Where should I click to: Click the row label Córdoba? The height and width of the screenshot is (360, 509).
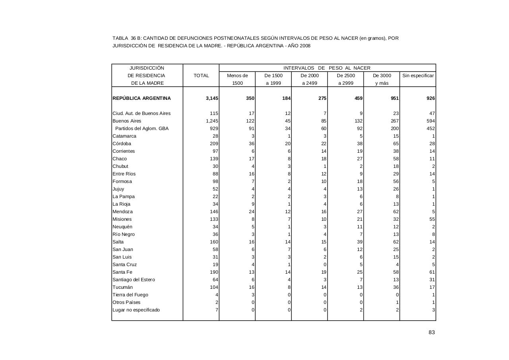122,144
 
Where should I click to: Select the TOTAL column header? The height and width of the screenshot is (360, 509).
201,76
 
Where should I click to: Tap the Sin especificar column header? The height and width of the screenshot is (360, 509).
418,76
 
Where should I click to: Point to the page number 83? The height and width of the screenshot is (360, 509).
431,333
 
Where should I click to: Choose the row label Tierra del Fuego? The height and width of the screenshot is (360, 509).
130,295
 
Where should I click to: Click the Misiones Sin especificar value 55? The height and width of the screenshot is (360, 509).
432,219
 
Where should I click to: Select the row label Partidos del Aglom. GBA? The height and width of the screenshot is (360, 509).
142,128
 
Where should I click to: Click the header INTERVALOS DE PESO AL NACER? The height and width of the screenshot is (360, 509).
327,68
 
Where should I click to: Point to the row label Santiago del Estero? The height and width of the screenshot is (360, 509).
134,280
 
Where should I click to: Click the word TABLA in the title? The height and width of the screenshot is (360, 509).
120,38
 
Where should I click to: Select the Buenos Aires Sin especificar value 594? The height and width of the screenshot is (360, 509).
431,121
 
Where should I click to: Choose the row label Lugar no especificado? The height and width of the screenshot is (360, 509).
136,310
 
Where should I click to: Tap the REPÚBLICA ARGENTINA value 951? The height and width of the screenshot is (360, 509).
394,98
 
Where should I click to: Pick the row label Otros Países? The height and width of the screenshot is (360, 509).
126,302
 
